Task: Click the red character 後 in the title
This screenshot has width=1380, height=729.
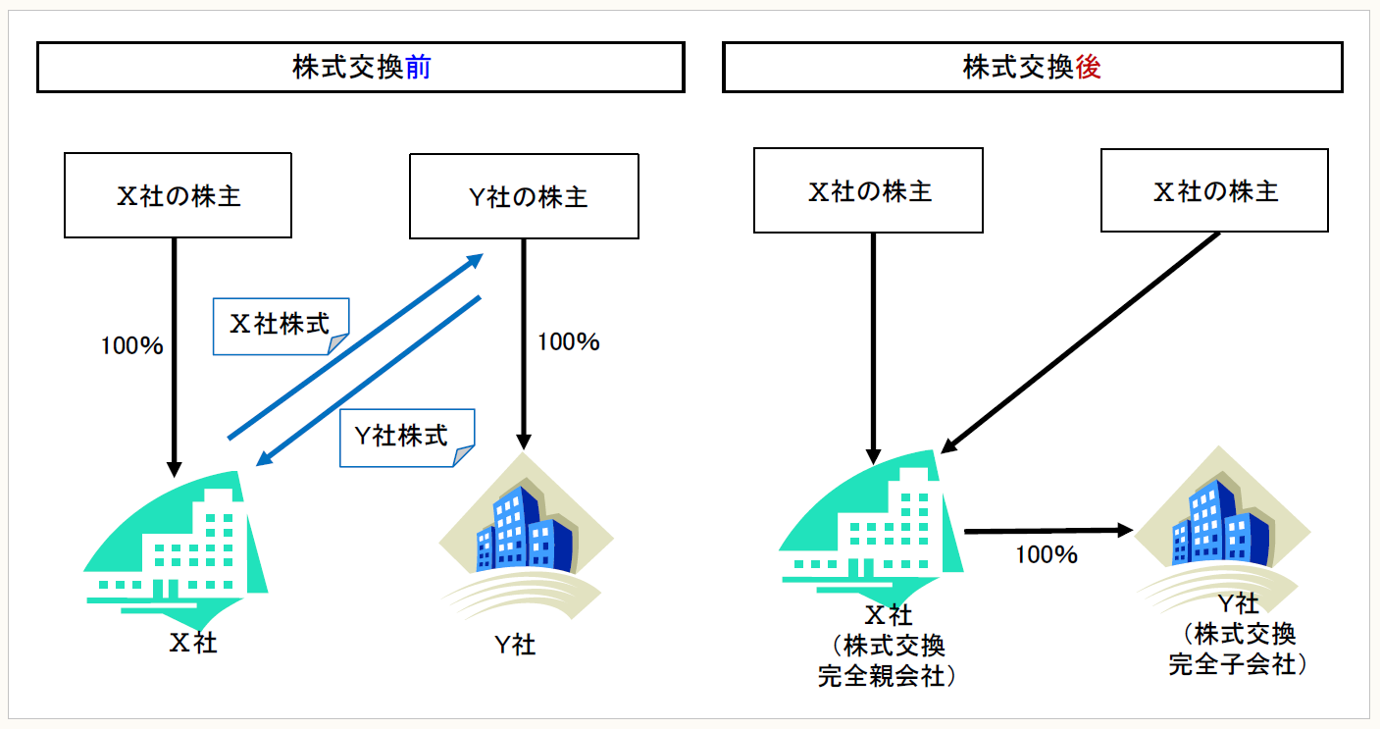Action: click(1088, 68)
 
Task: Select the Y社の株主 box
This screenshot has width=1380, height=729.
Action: click(524, 195)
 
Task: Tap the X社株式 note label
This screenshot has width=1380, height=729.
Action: click(280, 325)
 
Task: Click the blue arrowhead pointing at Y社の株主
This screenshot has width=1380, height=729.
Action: click(475, 260)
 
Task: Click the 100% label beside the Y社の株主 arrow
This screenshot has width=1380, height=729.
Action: click(568, 342)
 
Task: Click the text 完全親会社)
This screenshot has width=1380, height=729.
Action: click(888, 676)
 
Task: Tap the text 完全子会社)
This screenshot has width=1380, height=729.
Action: click(1239, 664)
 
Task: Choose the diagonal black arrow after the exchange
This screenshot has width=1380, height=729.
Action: click(1079, 342)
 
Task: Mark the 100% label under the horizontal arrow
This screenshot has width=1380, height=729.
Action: click(1047, 555)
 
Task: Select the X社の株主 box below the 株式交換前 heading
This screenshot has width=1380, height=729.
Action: click(178, 195)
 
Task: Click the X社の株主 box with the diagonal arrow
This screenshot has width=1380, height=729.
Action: click(1214, 190)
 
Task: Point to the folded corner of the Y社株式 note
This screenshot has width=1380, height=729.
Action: click(464, 454)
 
